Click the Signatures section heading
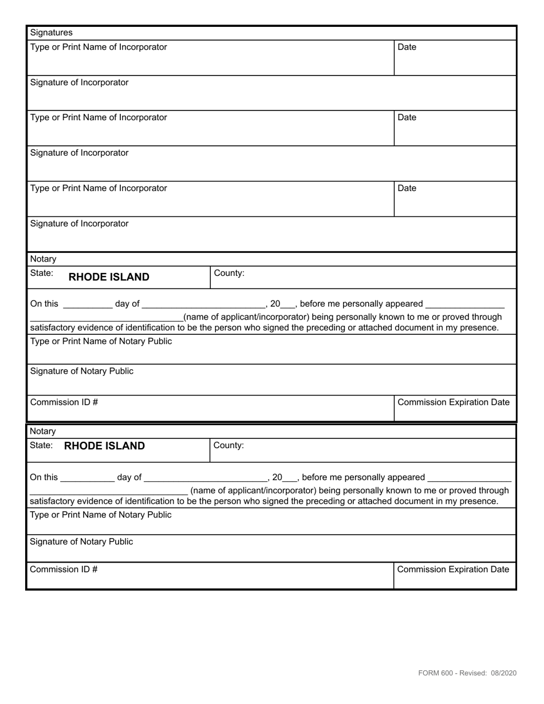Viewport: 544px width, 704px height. click(51, 33)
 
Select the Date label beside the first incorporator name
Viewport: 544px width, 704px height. click(407, 47)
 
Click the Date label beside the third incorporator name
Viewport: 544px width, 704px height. click(407, 188)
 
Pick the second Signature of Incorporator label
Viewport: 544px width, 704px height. click(79, 153)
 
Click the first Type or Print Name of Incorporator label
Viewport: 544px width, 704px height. click(98, 47)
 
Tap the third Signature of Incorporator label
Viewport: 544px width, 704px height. click(79, 224)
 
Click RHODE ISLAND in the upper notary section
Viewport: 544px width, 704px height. click(109, 278)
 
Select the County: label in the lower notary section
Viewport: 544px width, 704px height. click(228, 445)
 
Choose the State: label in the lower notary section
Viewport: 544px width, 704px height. click(42, 445)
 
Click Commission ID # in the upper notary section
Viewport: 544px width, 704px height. click(64, 402)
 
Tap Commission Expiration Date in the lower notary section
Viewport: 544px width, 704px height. click(453, 569)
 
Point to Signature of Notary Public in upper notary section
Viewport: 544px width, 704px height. click(81, 371)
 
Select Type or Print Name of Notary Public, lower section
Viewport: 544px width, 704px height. click(100, 515)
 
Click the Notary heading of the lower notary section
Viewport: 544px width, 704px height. click(43, 431)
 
